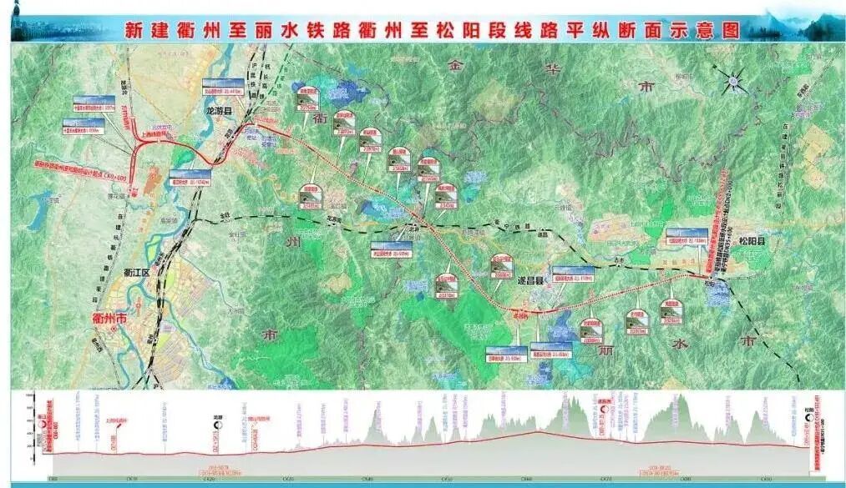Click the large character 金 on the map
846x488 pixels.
pos(454,63)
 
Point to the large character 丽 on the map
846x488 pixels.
pos(605,349)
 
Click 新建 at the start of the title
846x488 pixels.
pos(144,32)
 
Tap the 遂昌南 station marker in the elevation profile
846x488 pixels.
pos(605,408)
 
